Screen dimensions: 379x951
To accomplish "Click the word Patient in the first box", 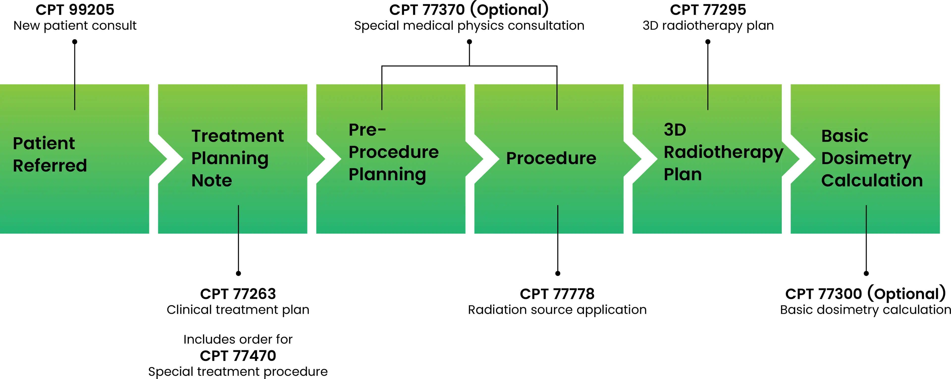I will (44, 143).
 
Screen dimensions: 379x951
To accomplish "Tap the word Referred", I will (50, 166).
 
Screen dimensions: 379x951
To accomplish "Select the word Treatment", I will (238, 136).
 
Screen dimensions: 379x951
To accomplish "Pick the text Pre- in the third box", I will (367, 130).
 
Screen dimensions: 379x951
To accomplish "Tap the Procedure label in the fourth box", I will (551, 158).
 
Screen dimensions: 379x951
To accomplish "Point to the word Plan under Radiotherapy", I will (682, 174).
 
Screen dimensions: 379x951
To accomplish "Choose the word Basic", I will (844, 136).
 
